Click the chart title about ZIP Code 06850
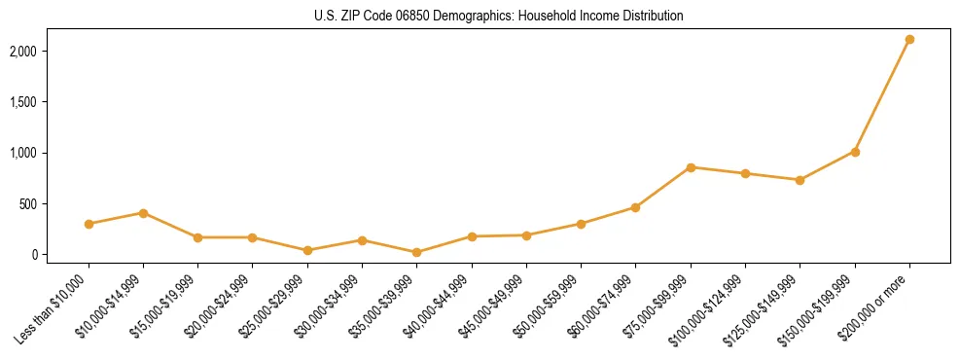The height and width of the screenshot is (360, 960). pos(499,17)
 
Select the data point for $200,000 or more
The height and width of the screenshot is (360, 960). pos(909,40)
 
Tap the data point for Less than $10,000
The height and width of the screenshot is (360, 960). pos(89,224)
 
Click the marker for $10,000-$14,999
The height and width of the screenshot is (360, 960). pos(143,213)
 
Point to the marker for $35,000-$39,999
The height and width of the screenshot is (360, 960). pos(417,252)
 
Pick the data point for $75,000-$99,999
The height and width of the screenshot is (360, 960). pos(691,167)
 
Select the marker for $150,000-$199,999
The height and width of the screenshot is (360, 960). pos(855,152)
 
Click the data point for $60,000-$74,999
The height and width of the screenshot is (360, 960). pos(635,207)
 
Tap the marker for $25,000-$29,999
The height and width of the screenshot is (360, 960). pos(307,250)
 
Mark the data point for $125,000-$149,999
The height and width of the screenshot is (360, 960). pos(800,180)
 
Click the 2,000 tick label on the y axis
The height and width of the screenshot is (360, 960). pos(50,51)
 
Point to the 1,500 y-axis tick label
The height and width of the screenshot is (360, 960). pos(50,102)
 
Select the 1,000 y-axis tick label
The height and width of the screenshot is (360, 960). pos(50,153)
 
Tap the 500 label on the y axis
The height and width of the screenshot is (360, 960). pos(54,204)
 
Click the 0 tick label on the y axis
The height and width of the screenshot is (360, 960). pos(61,255)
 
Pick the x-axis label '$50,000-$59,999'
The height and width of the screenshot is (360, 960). pos(551,303)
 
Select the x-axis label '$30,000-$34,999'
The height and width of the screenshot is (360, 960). pos(332,303)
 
